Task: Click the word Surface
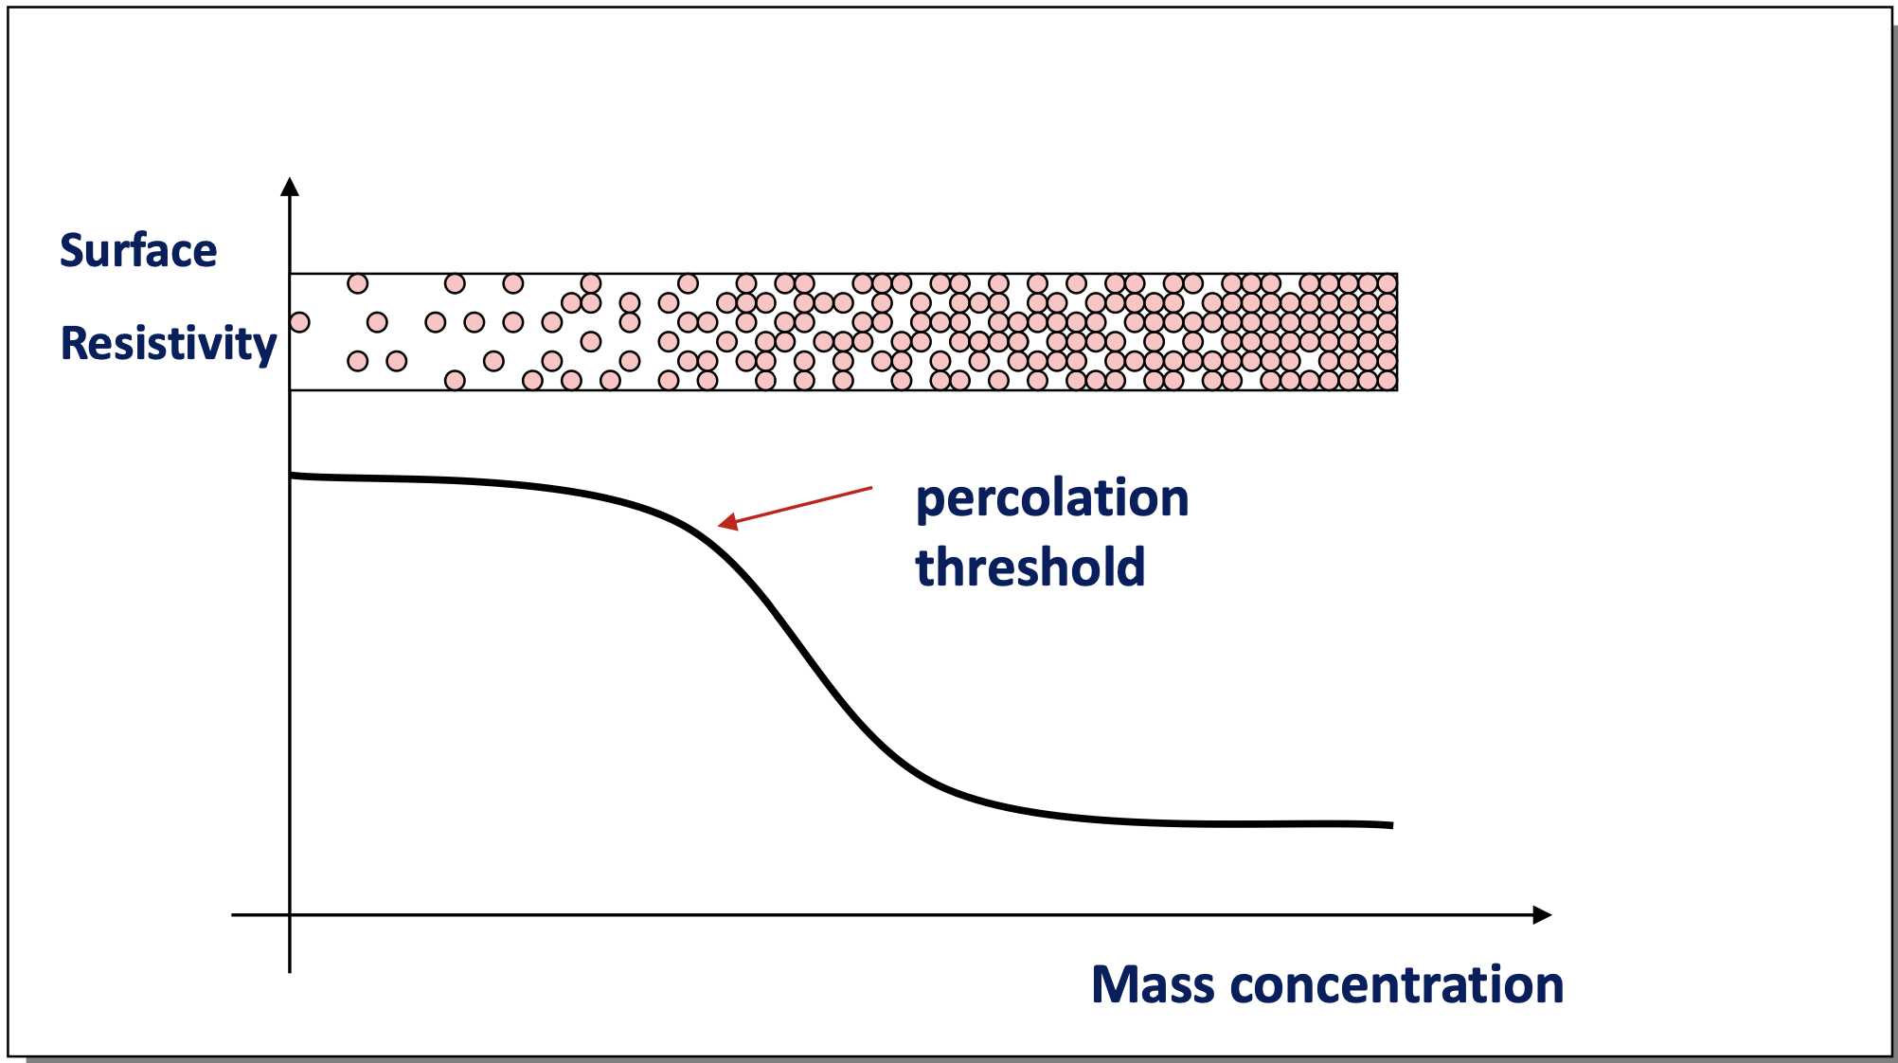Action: [138, 251]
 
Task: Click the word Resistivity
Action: [169, 344]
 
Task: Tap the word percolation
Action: [1052, 500]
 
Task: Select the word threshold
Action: [1030, 567]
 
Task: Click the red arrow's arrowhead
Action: [727, 521]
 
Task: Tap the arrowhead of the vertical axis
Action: [290, 186]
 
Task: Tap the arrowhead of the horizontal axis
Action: [1542, 915]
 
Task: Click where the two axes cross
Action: [290, 915]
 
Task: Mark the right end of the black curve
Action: [1392, 825]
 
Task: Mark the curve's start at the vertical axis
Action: [292, 475]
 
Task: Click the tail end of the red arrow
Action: [871, 489]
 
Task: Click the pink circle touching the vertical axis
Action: [299, 322]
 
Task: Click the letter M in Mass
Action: [1114, 985]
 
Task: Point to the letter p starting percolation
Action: [930, 505]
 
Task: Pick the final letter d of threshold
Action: [1131, 567]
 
